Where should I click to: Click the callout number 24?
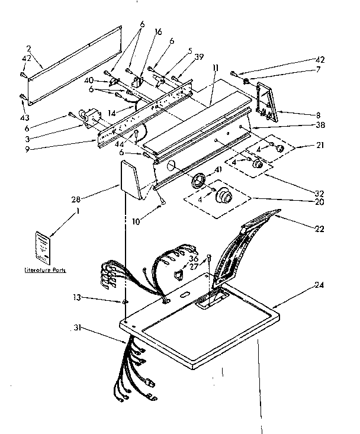320,284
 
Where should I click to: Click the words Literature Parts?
45,270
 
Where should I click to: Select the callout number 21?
321,144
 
